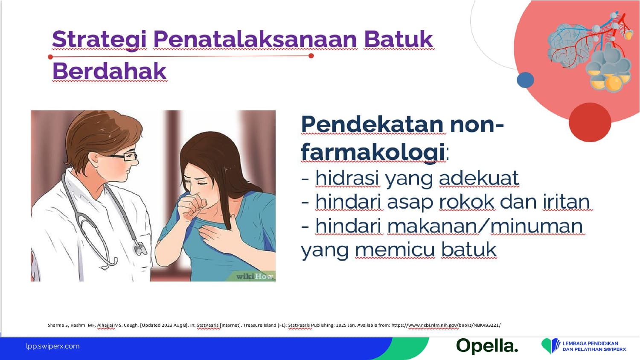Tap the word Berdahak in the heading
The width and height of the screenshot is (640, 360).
pos(109,71)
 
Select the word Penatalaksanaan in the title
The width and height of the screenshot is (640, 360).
pos(255,39)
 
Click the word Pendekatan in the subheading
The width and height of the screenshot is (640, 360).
pos(373,124)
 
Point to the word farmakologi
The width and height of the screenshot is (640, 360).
pos(373,153)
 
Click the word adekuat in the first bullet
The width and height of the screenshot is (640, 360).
pos(479,178)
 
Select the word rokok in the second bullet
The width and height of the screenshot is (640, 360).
pos(467,202)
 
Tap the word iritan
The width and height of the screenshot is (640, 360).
pos(566,202)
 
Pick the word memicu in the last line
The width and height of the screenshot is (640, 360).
pos(395,250)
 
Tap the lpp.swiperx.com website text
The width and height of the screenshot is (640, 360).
pos(53,346)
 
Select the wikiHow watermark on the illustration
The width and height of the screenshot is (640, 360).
pos(255,276)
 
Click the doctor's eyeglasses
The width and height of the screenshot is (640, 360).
pos(123,156)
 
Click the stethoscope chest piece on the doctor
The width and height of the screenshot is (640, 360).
pos(140,249)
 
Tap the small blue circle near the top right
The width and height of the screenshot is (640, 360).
pos(525,80)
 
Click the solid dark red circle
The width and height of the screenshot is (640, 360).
pos(590,122)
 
